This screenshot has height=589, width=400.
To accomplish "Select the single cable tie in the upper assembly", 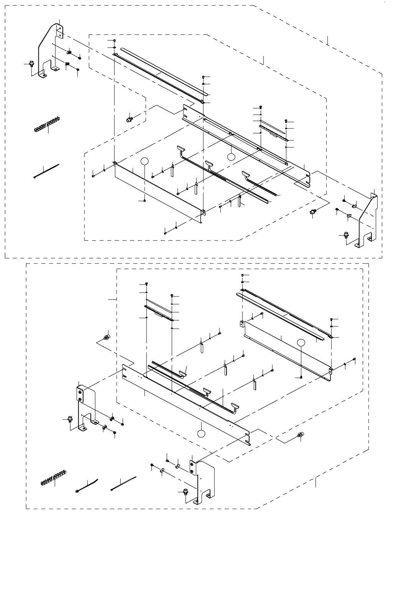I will (46, 171).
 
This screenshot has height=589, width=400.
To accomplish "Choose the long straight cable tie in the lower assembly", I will (123, 484).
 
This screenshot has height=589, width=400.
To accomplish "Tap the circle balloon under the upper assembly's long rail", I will (231, 156).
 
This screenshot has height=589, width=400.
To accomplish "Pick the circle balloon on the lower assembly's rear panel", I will (301, 342).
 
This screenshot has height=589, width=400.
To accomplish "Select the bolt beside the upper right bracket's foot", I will (346, 234).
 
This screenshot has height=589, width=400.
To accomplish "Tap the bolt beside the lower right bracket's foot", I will (186, 491).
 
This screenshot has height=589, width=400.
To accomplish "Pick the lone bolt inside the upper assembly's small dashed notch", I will (129, 119).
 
